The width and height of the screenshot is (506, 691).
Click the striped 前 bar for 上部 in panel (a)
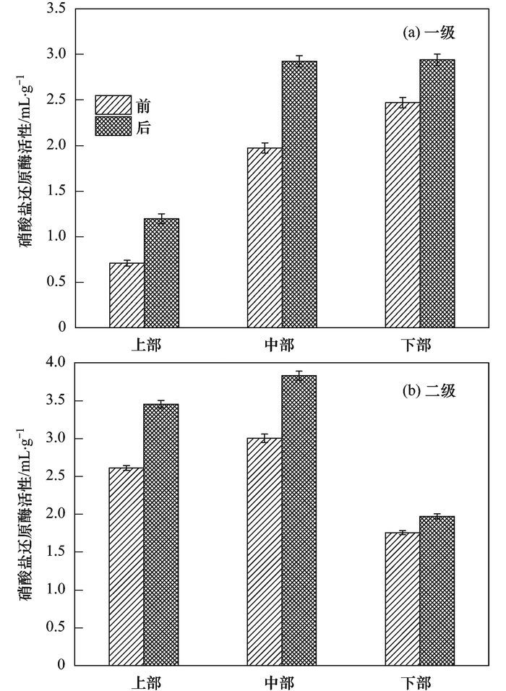(126, 295)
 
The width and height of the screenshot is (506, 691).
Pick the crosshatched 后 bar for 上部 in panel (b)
(161, 534)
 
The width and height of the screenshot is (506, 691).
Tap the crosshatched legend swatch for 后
(113, 126)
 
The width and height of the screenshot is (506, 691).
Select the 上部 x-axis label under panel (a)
(145, 344)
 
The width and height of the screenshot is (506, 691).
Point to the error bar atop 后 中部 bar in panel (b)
(299, 375)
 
